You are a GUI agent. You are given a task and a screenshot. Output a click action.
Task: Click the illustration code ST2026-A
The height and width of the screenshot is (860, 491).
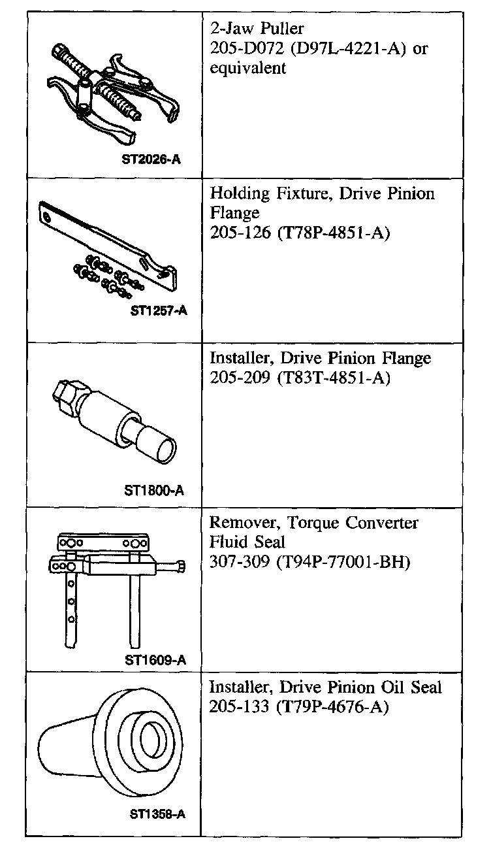151,158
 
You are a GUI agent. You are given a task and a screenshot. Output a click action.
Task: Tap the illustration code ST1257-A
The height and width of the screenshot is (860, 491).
159,311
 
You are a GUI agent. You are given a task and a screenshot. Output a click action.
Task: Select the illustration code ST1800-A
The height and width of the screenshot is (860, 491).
153,490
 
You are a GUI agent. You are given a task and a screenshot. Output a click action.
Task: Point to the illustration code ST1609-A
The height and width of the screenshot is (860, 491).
155,659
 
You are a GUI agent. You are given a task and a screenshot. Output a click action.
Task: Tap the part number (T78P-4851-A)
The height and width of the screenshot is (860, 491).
332,233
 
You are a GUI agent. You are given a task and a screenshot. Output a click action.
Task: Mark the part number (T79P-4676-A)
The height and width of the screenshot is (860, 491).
332,706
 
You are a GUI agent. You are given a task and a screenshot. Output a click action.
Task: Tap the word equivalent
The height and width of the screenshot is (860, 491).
248,68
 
